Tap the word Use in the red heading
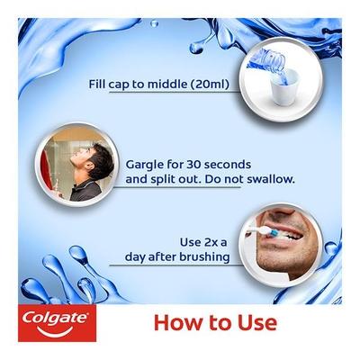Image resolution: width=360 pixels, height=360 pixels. [x=255, y=321]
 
